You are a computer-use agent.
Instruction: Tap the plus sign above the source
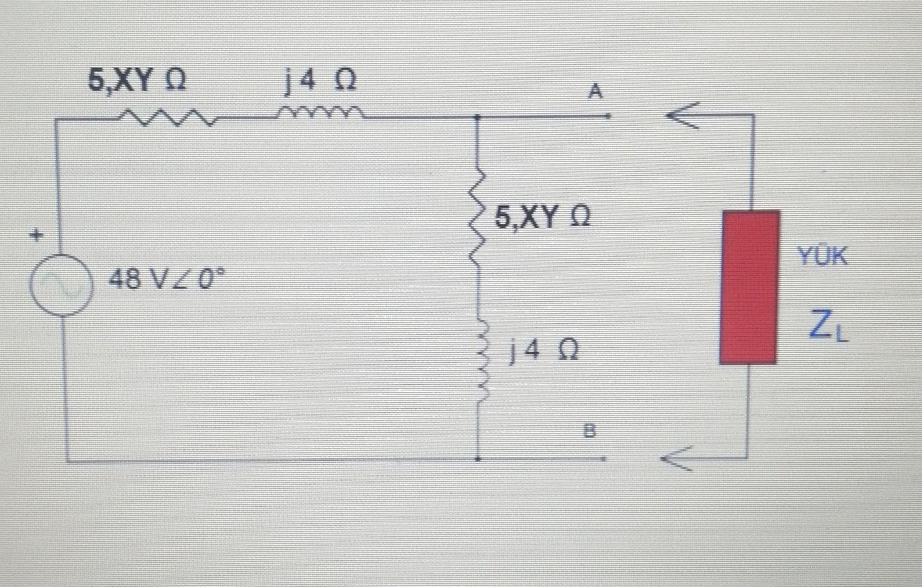click(38, 235)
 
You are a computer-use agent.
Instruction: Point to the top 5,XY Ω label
click(137, 80)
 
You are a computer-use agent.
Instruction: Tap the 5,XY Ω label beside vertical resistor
click(542, 219)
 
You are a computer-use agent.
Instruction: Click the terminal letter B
click(589, 431)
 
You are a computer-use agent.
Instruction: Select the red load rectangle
click(749, 287)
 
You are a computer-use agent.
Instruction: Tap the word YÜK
click(822, 256)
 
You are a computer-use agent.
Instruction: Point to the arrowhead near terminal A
click(683, 115)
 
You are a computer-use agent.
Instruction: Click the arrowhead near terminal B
click(677, 459)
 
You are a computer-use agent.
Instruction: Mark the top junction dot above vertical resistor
click(477, 118)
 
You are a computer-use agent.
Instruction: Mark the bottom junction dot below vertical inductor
click(478, 460)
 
